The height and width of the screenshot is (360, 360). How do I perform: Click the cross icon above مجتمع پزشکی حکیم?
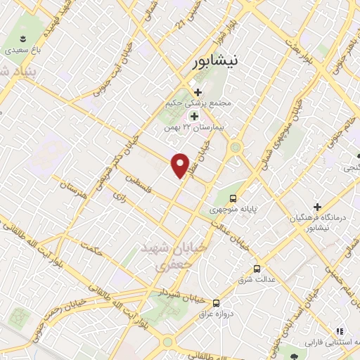coord(198,92)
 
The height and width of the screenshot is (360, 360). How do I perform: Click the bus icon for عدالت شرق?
coord(257,269)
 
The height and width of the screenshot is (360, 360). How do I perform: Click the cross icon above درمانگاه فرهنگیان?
coord(319,207)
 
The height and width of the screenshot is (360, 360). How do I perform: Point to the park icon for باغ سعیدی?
coord(23,39)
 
